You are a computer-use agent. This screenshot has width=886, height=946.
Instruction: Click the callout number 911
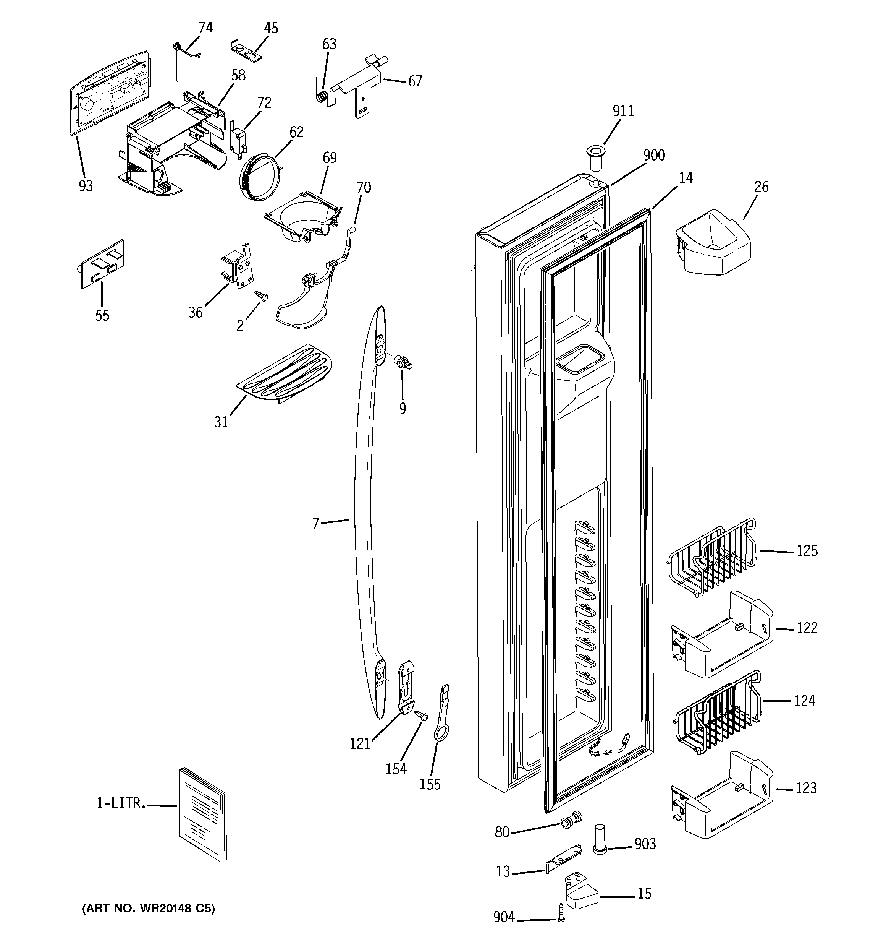(622, 111)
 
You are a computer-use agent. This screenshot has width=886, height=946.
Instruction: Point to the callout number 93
(86, 186)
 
